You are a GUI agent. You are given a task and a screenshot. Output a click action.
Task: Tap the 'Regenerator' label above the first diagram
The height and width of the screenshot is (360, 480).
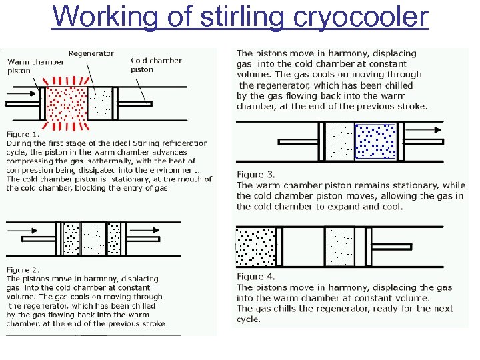[x=91, y=53]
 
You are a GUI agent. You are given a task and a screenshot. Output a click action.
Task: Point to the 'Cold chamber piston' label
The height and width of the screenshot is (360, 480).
[x=156, y=65]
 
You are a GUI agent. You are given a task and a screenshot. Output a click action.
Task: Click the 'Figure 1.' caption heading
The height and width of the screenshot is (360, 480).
[x=23, y=134]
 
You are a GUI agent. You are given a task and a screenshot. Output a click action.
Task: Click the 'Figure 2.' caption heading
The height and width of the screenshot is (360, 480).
[x=23, y=269]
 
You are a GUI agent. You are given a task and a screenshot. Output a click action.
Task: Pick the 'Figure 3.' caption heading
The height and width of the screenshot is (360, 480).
[x=255, y=175]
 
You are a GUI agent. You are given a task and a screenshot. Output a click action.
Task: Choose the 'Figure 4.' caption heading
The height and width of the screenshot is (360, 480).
[x=255, y=277]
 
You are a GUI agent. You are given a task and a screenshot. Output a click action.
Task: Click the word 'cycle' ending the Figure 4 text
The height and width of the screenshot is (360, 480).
[x=248, y=319]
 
